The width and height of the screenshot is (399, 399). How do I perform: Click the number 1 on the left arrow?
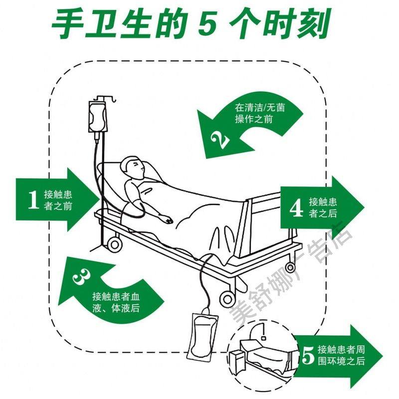tap(33, 199)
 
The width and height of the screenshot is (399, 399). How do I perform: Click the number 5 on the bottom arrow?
tap(308, 356)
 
